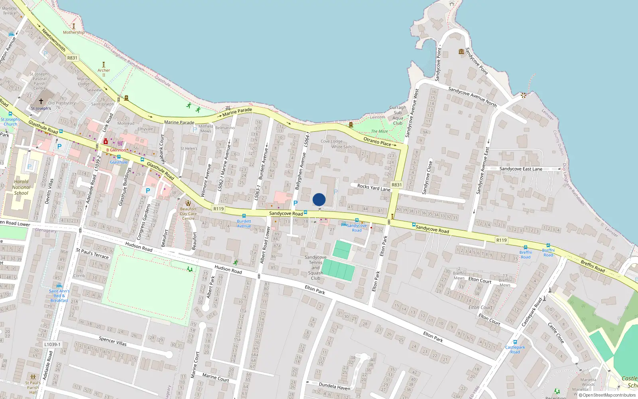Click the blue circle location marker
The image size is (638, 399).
tap(319, 199)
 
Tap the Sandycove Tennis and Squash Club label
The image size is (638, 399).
tap(315, 268)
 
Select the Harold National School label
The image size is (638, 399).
tap(21, 187)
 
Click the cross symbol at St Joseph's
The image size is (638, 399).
tap(41, 101)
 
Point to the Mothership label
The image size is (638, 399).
tap(74, 32)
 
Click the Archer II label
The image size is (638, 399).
tap(104, 73)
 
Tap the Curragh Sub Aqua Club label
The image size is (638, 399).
tap(398, 115)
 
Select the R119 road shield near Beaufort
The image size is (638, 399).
tap(219, 209)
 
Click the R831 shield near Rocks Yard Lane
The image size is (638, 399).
tap(397, 185)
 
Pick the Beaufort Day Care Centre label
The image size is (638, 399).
tap(188, 213)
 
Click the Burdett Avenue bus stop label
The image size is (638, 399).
tap(244, 223)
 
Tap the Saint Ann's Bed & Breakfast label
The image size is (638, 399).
tap(59, 296)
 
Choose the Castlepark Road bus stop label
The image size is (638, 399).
tap(515, 350)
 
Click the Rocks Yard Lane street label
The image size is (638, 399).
tap(374, 188)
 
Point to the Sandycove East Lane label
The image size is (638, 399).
tap(521, 169)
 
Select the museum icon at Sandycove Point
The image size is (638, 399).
tap(461, 51)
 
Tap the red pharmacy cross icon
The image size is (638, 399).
tap(106, 142)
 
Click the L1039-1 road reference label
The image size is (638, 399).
tap(52, 344)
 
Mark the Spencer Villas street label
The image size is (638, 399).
tap(112, 341)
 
